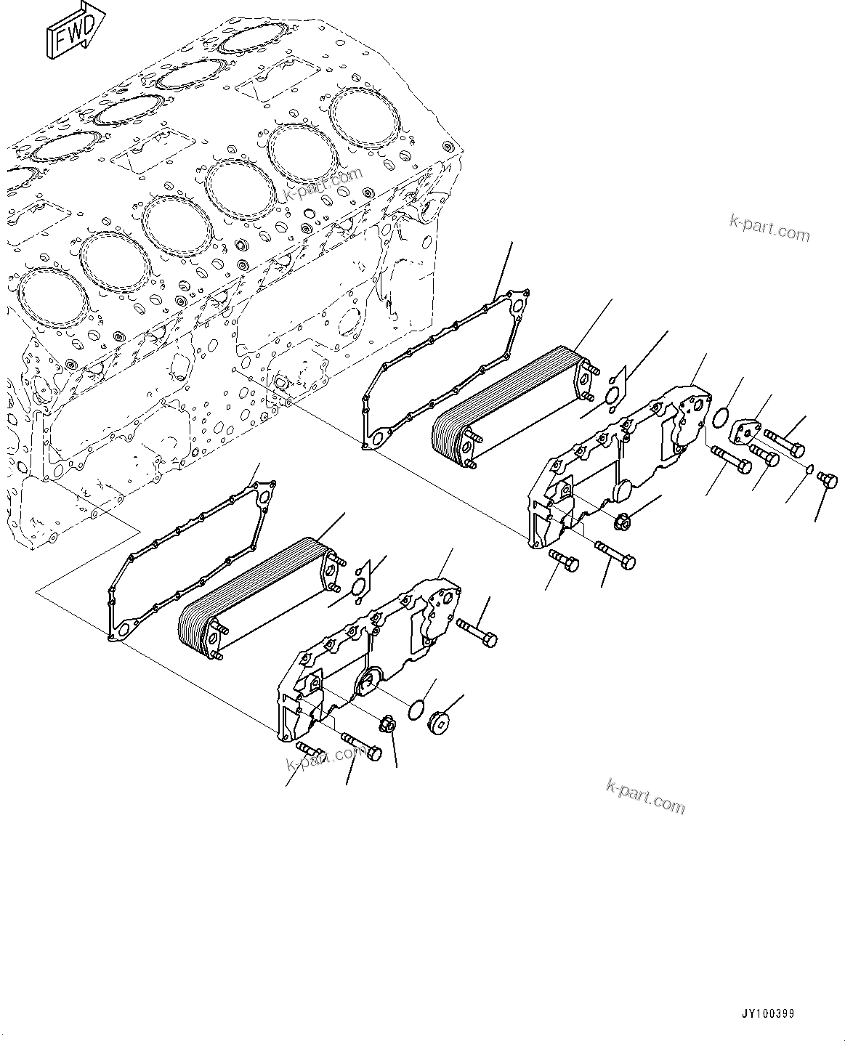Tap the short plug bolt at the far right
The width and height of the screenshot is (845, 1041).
coord(827,479)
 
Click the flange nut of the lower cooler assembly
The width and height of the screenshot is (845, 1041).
coord(387,724)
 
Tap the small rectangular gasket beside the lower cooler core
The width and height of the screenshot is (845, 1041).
coord(358,580)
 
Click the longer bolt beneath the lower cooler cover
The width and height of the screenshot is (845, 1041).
coord(361,747)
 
